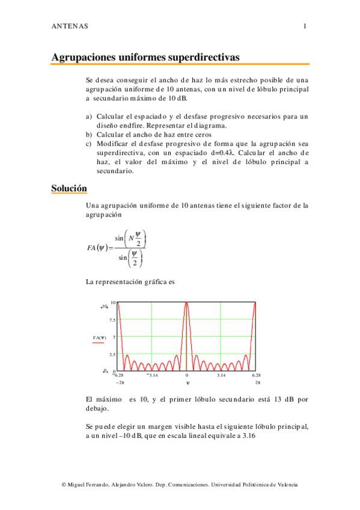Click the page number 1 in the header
tap(305, 26)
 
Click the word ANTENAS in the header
tap(70, 26)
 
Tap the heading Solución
tap(69, 189)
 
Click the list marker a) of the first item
tap(89, 116)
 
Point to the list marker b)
tap(89, 135)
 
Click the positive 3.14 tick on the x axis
tap(221, 375)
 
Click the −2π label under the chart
tap(120, 382)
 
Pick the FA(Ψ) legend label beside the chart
tap(100, 337)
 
